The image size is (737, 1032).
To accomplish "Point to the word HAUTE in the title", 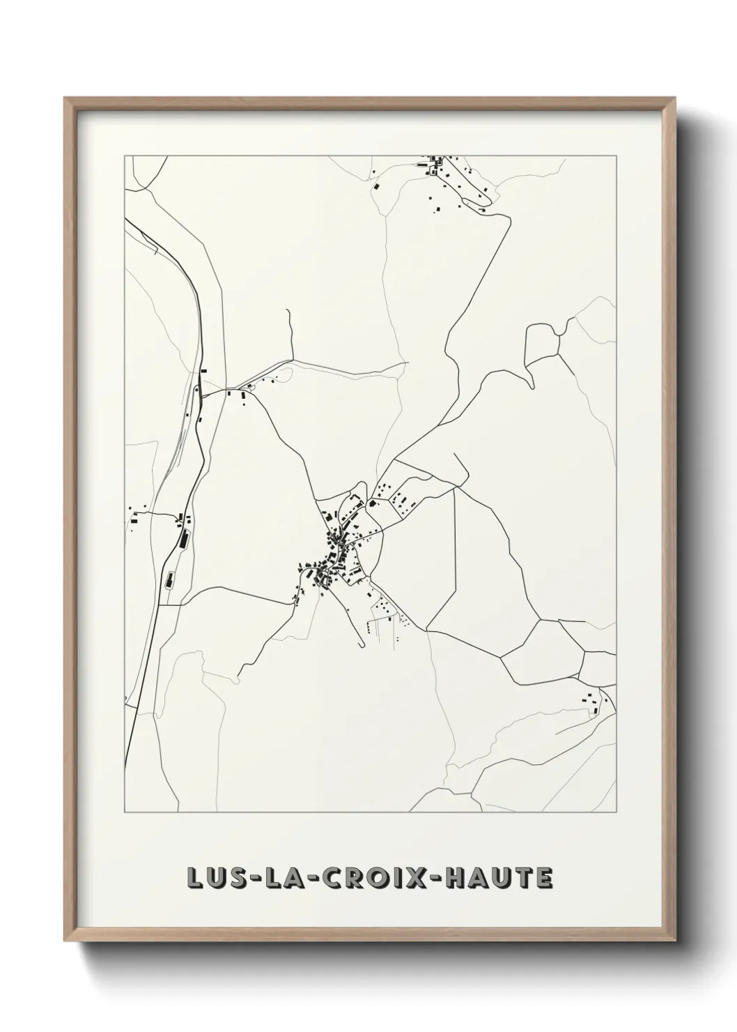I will click(x=499, y=878).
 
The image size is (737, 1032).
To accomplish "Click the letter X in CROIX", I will click(x=420, y=878).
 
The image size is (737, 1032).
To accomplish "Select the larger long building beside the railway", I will click(x=184, y=538).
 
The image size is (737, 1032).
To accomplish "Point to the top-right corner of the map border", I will click(x=616, y=155).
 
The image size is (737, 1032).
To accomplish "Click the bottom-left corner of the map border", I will click(x=125, y=812).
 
